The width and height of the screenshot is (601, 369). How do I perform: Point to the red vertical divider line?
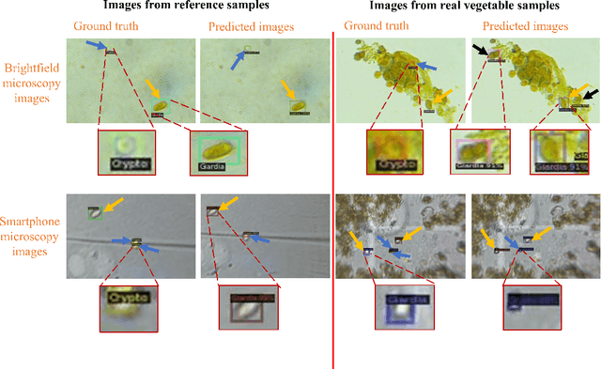[x=334, y=188]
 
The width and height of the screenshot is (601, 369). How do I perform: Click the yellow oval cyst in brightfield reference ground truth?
[x=162, y=106]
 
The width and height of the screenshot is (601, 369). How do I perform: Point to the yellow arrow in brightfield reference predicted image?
[x=292, y=92]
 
